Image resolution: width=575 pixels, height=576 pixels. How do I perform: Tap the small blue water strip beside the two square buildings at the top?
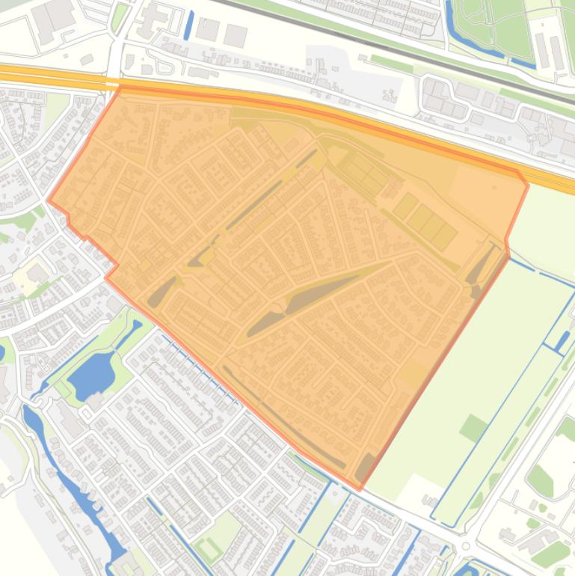(x=188, y=25)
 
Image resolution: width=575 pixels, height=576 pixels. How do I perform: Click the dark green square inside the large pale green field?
(x=473, y=428)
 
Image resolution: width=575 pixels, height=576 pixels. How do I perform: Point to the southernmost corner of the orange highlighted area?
(x=360, y=489)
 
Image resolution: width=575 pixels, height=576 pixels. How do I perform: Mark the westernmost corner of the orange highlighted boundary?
(x=49, y=200)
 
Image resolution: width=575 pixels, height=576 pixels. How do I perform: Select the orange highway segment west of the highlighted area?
(x=52, y=76)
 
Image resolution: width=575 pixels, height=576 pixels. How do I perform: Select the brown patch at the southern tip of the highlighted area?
(x=364, y=468)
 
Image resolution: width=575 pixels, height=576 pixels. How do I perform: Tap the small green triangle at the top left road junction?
(x=119, y=18)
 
